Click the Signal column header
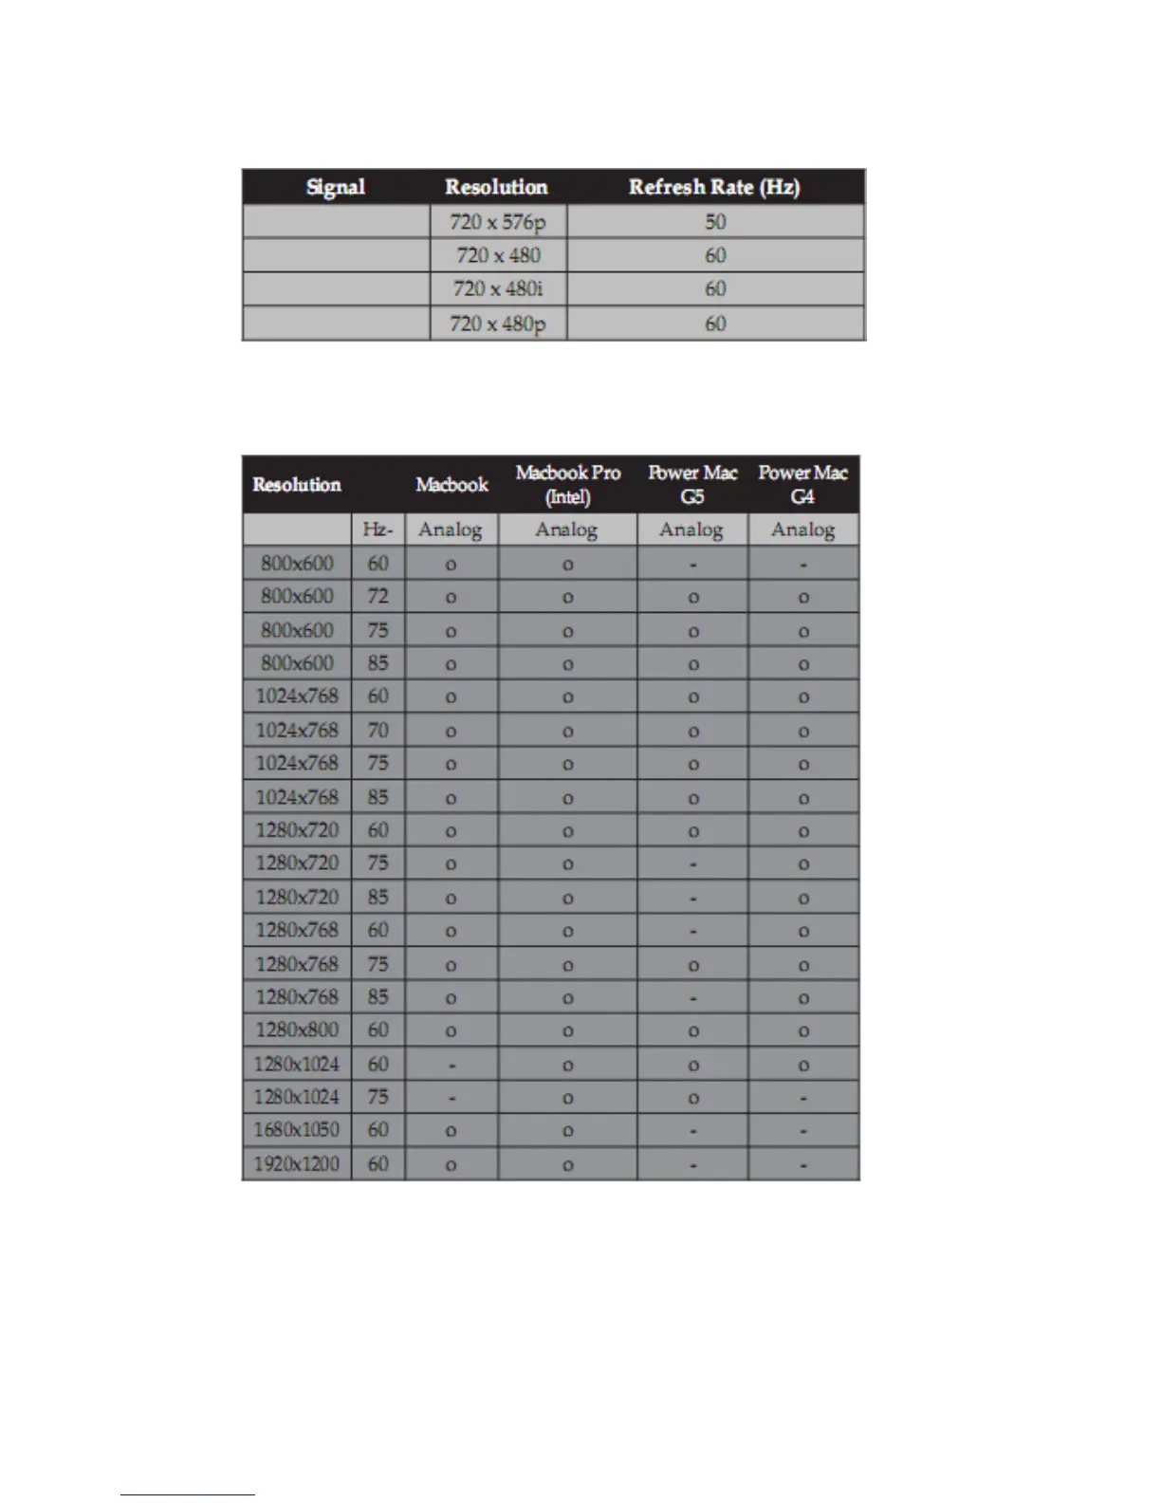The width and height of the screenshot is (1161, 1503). (x=336, y=187)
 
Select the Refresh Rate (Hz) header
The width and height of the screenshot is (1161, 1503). (x=714, y=187)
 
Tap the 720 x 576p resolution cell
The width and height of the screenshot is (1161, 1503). (x=498, y=222)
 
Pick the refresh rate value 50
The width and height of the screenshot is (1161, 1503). (x=715, y=222)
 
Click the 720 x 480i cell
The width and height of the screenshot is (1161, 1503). (x=498, y=288)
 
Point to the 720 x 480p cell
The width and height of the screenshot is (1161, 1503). (x=498, y=324)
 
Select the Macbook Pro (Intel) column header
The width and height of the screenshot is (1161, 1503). (x=567, y=484)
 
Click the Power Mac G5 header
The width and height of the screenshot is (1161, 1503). (x=692, y=484)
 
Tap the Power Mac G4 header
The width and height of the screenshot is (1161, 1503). (x=802, y=484)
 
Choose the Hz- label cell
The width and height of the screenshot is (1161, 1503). (x=378, y=529)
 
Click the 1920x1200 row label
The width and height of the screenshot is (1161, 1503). (x=297, y=1163)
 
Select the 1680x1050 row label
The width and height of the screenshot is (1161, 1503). (x=297, y=1130)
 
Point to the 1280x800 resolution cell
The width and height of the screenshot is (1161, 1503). (x=297, y=1030)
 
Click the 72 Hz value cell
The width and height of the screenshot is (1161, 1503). (x=378, y=597)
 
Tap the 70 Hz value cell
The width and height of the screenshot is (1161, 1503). (x=378, y=731)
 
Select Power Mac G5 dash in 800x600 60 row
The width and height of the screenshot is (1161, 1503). (x=693, y=565)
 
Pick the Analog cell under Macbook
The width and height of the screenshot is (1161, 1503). (x=451, y=529)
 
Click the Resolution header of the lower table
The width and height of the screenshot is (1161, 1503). (x=297, y=485)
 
